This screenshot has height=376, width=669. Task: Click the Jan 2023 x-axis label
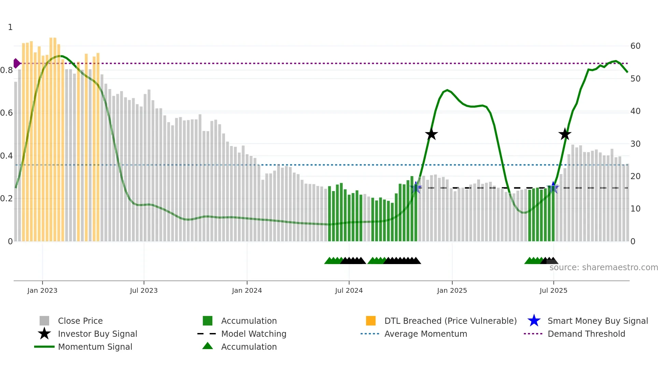click(42, 290)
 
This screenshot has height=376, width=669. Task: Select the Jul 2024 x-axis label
click(349, 290)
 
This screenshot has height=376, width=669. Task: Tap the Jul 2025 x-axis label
click(553, 290)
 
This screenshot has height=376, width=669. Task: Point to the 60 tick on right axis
click(635, 46)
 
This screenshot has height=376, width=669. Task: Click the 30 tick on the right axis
click(635, 144)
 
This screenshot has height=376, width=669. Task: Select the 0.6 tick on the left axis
click(6, 113)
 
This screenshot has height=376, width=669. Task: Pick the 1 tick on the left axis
click(10, 27)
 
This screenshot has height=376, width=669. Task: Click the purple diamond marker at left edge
click(16, 63)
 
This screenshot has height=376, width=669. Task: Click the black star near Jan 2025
click(431, 134)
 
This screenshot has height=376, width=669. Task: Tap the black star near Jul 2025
click(565, 134)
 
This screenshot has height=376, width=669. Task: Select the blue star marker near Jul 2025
click(553, 188)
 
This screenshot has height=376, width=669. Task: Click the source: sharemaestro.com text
click(603, 267)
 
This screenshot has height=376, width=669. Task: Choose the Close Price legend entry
click(80, 321)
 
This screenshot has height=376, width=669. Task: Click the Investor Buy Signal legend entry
click(97, 334)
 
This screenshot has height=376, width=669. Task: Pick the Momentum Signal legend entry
click(95, 347)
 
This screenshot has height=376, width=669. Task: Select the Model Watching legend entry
click(254, 334)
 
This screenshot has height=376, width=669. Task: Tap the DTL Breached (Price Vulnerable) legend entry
click(450, 321)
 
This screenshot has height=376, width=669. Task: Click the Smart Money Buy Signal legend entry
click(597, 321)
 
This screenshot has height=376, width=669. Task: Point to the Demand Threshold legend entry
click(586, 334)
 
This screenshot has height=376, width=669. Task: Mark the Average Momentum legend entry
click(425, 334)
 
